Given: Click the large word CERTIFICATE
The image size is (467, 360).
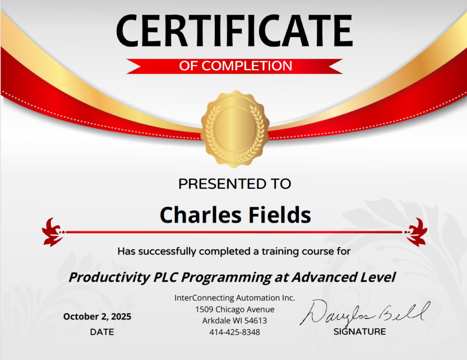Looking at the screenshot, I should click(234, 30).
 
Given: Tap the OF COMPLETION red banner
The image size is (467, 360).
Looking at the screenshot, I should click(235, 66).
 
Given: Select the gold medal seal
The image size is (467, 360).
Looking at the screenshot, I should click(234, 129).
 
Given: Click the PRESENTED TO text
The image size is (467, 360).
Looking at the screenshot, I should click(234, 183).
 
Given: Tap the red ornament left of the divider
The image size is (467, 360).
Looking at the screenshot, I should click(53, 232).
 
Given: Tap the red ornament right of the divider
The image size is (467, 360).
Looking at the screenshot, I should click(416, 232).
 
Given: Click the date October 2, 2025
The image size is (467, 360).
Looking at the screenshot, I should click(97, 316).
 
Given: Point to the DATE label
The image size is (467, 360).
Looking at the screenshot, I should click(102, 332).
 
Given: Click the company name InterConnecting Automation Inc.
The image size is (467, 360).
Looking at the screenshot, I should click(235, 297).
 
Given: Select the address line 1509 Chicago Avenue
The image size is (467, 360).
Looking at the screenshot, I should click(235, 309).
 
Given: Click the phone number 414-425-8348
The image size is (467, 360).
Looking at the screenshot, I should click(235, 332).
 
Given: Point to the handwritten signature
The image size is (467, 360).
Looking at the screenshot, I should click(364, 312).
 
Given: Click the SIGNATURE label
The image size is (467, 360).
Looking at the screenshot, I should click(359, 331).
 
